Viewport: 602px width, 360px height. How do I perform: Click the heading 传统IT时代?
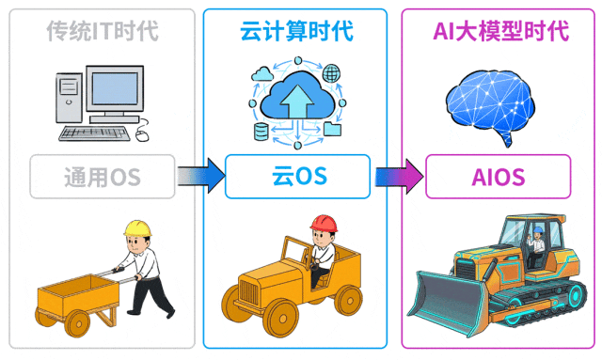point(103,31)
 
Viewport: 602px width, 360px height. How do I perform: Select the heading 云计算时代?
point(296,31)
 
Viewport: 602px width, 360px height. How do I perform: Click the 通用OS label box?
point(103,175)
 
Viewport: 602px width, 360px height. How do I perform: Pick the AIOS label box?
point(498,176)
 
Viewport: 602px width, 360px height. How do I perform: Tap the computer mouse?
point(142,134)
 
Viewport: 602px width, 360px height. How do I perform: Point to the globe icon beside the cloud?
point(330,72)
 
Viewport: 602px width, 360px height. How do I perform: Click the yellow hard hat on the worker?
point(138,229)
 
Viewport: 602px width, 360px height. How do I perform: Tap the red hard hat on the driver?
point(325,223)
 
